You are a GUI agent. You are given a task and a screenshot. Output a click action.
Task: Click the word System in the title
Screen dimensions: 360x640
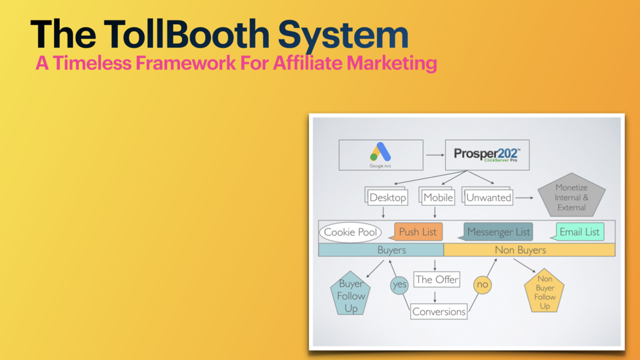tap(343, 35)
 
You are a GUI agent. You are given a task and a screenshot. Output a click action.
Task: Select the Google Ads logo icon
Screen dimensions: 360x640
tap(380, 152)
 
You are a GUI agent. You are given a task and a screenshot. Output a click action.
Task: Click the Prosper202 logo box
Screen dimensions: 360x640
tap(487, 155)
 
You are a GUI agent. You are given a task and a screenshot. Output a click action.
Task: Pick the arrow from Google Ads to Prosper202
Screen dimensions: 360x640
tap(434, 155)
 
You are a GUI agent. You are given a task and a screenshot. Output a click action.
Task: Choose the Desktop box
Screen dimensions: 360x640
tap(387, 197)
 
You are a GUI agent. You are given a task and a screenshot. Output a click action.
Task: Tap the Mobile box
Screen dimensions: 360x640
tap(437, 197)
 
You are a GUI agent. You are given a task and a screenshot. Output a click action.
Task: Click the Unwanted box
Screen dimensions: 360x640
tap(488, 197)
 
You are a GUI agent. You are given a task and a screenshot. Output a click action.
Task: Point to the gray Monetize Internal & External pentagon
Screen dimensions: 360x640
tap(571, 197)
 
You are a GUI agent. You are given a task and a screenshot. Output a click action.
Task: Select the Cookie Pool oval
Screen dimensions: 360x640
tap(350, 233)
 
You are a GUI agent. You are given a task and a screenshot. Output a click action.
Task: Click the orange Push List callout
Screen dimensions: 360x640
tap(418, 232)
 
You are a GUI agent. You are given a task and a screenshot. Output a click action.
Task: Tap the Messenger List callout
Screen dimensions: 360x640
tap(498, 232)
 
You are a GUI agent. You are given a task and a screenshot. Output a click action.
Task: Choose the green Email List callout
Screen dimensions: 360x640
tap(579, 232)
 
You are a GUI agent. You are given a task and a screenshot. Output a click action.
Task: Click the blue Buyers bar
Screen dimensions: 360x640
tap(381, 250)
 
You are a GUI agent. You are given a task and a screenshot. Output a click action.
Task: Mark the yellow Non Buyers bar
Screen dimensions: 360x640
tap(529, 250)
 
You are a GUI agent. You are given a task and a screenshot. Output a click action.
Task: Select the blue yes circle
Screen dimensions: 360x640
tap(399, 284)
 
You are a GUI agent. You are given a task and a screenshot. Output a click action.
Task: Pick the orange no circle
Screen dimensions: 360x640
tap(482, 284)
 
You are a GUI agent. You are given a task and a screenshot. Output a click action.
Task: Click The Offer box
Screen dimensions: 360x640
tap(436, 279)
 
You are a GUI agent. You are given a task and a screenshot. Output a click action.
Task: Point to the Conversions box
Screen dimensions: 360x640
tap(439, 312)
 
